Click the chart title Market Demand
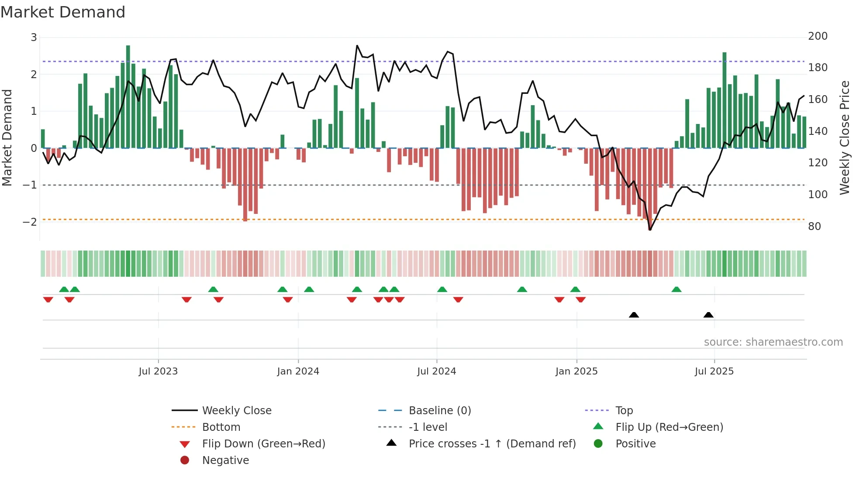coord(63,12)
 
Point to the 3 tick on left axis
coord(34,38)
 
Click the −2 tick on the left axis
coord(30,222)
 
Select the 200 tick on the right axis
coord(818,36)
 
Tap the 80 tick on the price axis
coord(814,226)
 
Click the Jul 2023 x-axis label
coord(158,371)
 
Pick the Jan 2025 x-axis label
coord(576,371)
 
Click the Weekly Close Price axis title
coord(845,137)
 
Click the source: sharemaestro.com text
coord(773,342)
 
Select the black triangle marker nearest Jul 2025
coord(708,315)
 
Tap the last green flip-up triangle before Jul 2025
coord(677,289)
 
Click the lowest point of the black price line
coord(650,230)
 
